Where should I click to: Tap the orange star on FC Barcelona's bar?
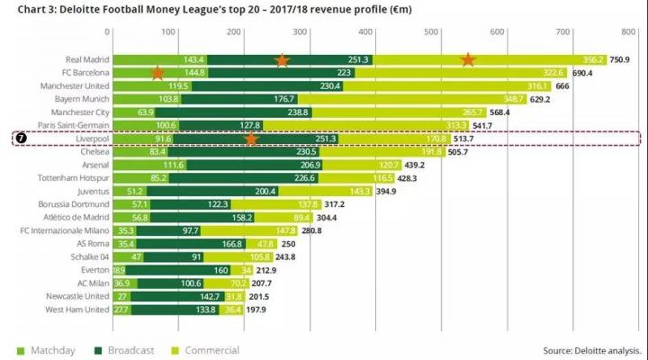tap(157, 72)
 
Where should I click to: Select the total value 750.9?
tap(619, 59)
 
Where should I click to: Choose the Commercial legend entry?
tap(206, 350)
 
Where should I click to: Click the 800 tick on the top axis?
tap(626, 31)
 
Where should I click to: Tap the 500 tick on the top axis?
tap(432, 31)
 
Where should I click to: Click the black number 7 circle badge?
tap(22, 139)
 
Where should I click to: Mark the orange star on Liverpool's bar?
tap(252, 139)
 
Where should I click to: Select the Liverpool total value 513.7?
tap(463, 139)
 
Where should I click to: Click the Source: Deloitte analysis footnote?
tap(592, 350)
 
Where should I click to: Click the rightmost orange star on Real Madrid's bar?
tap(468, 59)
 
